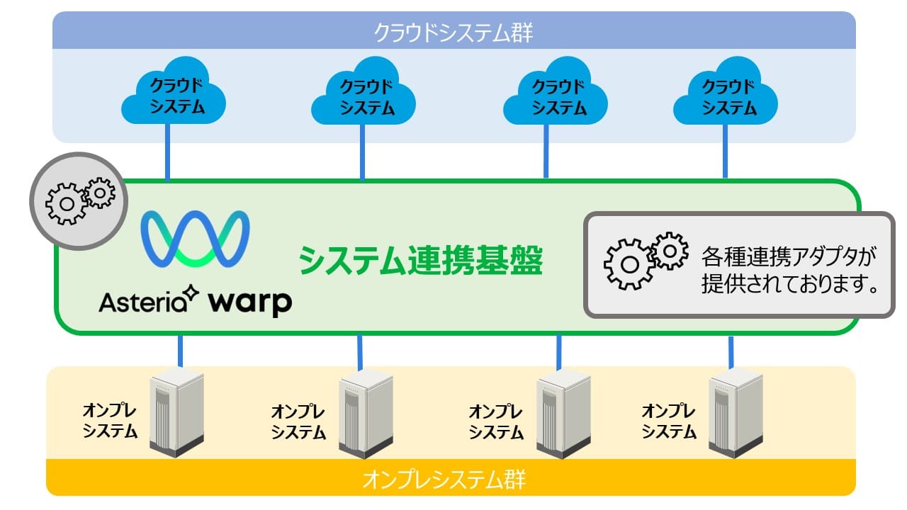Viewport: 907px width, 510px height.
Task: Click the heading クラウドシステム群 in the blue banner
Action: point(453,32)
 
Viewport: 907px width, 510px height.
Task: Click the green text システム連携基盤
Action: point(420,261)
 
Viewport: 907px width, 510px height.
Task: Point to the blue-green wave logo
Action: point(195,237)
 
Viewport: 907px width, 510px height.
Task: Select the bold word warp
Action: point(250,302)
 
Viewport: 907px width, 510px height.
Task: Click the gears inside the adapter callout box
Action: point(645,261)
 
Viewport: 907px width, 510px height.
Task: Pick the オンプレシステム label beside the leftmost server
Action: point(110,421)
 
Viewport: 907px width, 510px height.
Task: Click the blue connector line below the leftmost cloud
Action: point(168,153)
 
